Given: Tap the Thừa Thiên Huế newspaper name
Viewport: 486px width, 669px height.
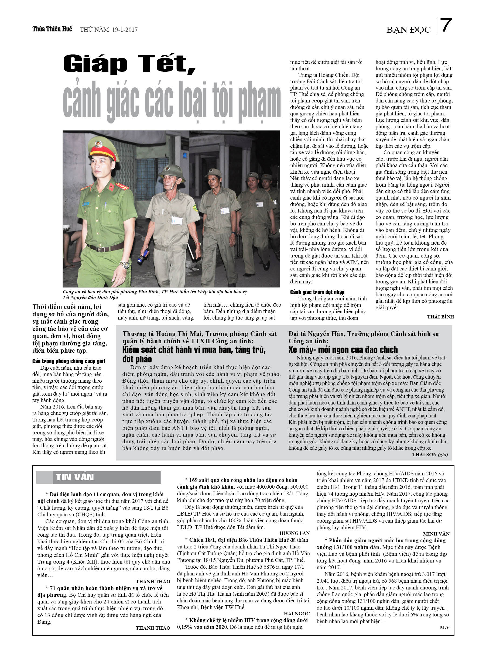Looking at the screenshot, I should pos(52,29).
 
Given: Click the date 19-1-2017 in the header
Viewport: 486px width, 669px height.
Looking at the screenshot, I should pos(125,29).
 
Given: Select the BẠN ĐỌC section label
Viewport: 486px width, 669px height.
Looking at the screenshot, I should pos(408,30).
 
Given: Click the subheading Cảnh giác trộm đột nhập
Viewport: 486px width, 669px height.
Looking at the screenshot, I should pos(317,292).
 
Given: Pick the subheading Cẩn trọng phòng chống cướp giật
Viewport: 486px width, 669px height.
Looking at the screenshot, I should pos(69,361).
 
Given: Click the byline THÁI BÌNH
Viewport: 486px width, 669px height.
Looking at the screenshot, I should pos(440,317).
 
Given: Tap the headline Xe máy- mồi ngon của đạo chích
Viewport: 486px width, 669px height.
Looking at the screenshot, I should pos(343,350).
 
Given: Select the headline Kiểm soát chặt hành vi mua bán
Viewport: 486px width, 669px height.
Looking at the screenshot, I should pos(194,350).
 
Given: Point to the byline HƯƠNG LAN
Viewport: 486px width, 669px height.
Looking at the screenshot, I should pos(295,533).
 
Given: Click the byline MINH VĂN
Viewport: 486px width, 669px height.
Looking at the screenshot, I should pos(436,534).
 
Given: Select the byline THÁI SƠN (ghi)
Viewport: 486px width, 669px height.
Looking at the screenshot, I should pos(430,455).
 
